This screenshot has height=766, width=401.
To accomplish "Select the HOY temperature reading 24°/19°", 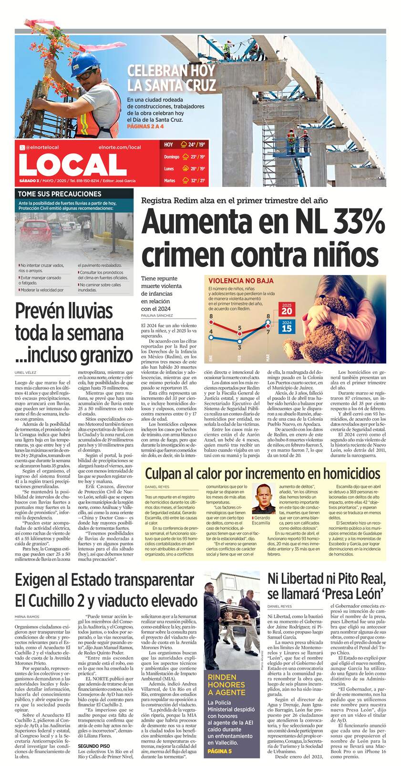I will click(x=196, y=145).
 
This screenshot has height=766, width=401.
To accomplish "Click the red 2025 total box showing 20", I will click(x=287, y=309).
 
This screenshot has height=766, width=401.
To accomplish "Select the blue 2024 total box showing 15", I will click(x=287, y=327).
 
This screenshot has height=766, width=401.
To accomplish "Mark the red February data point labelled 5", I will click(x=239, y=330).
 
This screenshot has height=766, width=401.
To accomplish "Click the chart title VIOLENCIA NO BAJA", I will click(x=234, y=281).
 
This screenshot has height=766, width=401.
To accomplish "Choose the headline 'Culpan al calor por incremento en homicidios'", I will click(x=262, y=474).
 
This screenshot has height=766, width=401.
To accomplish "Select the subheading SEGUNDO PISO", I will click(x=94, y=745).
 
